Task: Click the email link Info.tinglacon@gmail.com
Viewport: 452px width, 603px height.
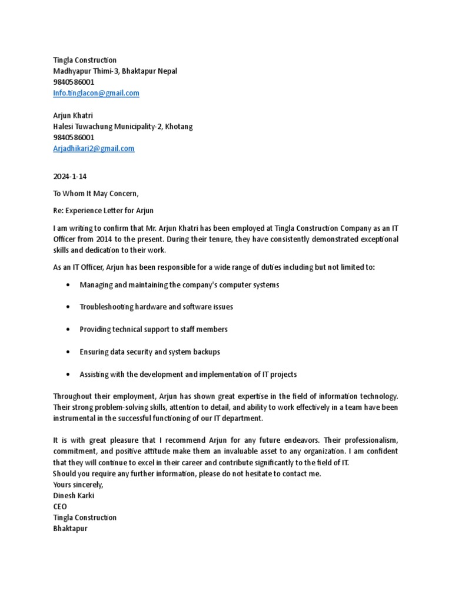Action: [x=96, y=93]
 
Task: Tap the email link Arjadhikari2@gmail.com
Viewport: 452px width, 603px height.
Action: [x=94, y=148]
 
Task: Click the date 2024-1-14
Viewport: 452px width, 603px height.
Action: [x=69, y=177]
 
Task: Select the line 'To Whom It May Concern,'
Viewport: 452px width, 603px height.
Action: [x=96, y=194]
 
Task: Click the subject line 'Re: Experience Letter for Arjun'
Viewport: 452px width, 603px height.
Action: [x=103, y=210]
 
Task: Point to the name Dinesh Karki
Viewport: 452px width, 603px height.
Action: [x=74, y=495]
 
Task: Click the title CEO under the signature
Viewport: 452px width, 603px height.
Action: [x=60, y=506]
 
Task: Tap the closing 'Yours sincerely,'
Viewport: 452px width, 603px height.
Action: [x=78, y=484]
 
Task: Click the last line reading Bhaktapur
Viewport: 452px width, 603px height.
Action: [x=70, y=528]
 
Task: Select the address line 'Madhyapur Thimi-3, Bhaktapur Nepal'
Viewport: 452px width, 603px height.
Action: [x=115, y=71]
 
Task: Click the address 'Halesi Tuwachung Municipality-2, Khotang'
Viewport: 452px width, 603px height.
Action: [x=122, y=127]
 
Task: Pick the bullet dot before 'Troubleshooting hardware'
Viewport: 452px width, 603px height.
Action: [x=69, y=307]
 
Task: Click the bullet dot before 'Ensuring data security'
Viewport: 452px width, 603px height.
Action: [x=69, y=352]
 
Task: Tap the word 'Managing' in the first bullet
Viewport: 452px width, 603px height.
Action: [x=95, y=284]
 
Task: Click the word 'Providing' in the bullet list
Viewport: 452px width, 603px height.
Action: [x=95, y=329]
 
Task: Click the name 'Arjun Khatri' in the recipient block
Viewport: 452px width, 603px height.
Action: [x=73, y=115]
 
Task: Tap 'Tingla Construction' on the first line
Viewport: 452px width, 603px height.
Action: [x=85, y=60]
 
